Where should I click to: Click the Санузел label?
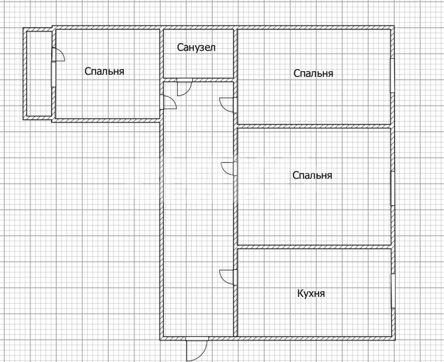click(196, 47)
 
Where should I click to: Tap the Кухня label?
click(311, 293)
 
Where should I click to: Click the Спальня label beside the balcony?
click(104, 71)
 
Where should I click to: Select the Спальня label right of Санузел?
click(313, 74)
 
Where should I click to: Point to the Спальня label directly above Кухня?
click(312, 175)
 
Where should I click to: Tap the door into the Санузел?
click(184, 87)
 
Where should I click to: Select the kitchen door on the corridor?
click(228, 277)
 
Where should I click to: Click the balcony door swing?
click(58, 55)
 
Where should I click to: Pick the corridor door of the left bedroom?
click(168, 102)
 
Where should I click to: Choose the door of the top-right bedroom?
click(228, 105)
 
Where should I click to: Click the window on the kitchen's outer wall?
click(393, 291)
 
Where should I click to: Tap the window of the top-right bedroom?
click(392, 75)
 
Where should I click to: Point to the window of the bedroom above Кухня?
click(393, 188)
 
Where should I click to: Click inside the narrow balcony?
click(39, 74)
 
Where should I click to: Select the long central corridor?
click(198, 209)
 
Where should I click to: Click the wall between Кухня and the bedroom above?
click(314, 247)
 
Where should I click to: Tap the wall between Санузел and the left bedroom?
click(161, 54)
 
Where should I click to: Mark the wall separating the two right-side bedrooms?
click(314, 126)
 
